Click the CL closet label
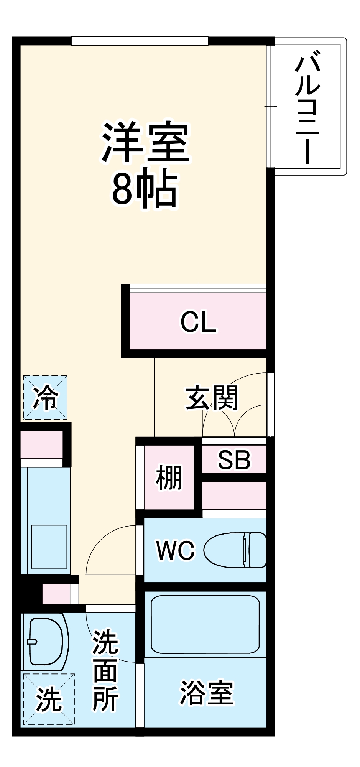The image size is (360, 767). (198, 322)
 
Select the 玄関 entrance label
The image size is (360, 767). (212, 398)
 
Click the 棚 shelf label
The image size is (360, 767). (169, 477)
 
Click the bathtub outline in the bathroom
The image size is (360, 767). (205, 624)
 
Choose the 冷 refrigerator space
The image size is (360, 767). (45, 397)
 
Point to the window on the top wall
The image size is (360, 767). (140, 41)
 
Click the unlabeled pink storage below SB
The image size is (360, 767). (234, 495)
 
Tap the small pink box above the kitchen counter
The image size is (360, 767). (41, 444)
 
